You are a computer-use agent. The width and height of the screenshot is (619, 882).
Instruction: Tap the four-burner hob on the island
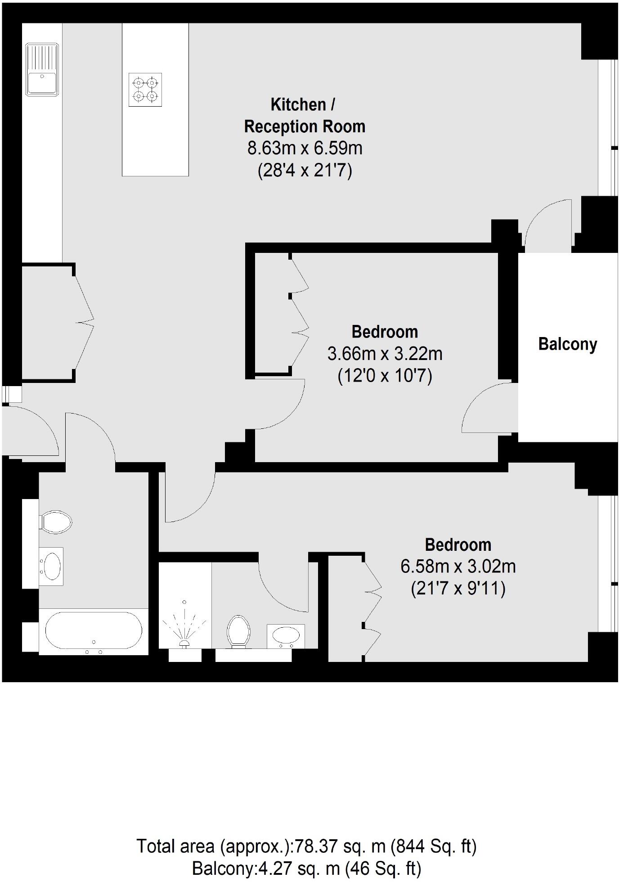(145, 90)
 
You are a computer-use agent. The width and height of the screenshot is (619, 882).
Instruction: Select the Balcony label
(568, 344)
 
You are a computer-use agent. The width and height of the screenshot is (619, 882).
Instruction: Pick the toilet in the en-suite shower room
(238, 631)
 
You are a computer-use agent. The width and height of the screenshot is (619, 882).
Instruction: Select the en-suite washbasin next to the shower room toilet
(286, 635)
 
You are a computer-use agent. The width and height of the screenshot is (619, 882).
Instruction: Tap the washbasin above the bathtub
(51, 566)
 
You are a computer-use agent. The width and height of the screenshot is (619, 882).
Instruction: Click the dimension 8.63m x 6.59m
(305, 148)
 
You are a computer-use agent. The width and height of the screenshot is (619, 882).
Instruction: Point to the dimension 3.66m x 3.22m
(385, 354)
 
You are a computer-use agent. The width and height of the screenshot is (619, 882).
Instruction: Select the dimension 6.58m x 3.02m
(458, 566)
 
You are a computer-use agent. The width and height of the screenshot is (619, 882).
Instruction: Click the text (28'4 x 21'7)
(305, 171)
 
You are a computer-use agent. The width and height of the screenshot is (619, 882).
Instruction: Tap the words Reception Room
(305, 126)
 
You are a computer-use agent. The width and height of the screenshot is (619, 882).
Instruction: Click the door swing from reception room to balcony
(547, 223)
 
